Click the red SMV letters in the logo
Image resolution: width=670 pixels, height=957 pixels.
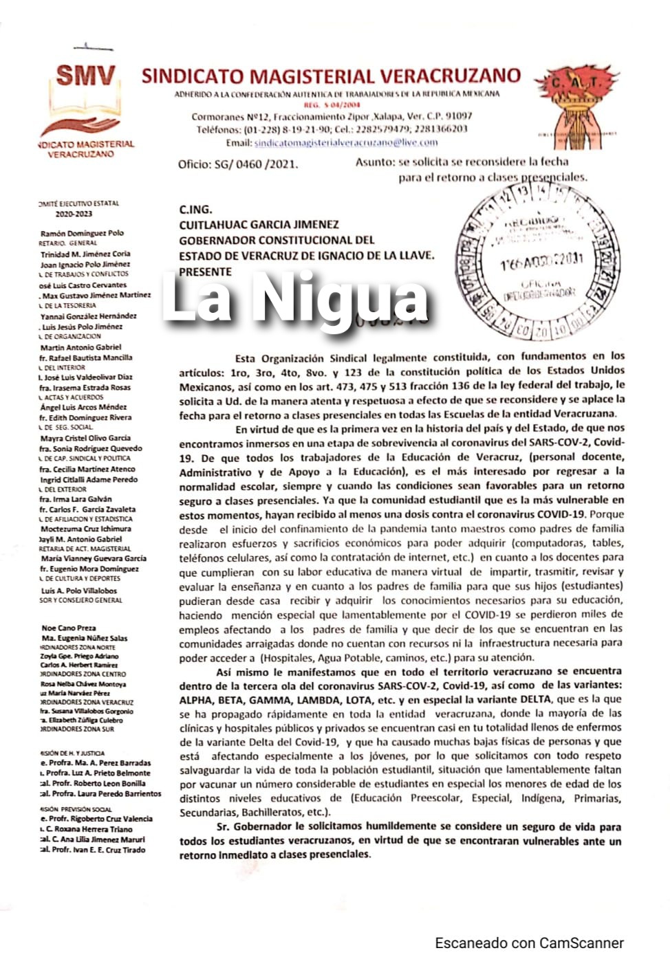pos(85,75)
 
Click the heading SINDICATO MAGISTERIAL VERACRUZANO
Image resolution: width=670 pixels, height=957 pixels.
pos(331,76)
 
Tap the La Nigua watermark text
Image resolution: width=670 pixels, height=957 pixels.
pos(296,300)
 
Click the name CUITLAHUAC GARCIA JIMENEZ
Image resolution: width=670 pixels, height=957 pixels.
pos(259,225)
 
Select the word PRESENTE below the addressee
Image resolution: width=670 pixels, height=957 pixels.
pos(205,272)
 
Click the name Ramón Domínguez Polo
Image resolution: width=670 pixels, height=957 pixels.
pos(82,233)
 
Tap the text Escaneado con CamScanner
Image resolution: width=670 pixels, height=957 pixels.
pos(529,943)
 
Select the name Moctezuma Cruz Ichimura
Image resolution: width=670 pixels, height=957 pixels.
pos(85,529)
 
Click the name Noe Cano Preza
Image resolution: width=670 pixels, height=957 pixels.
pos(69,628)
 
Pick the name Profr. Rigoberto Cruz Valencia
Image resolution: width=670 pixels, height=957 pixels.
pos(100,819)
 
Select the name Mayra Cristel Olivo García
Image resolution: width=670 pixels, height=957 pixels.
pos(85,438)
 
